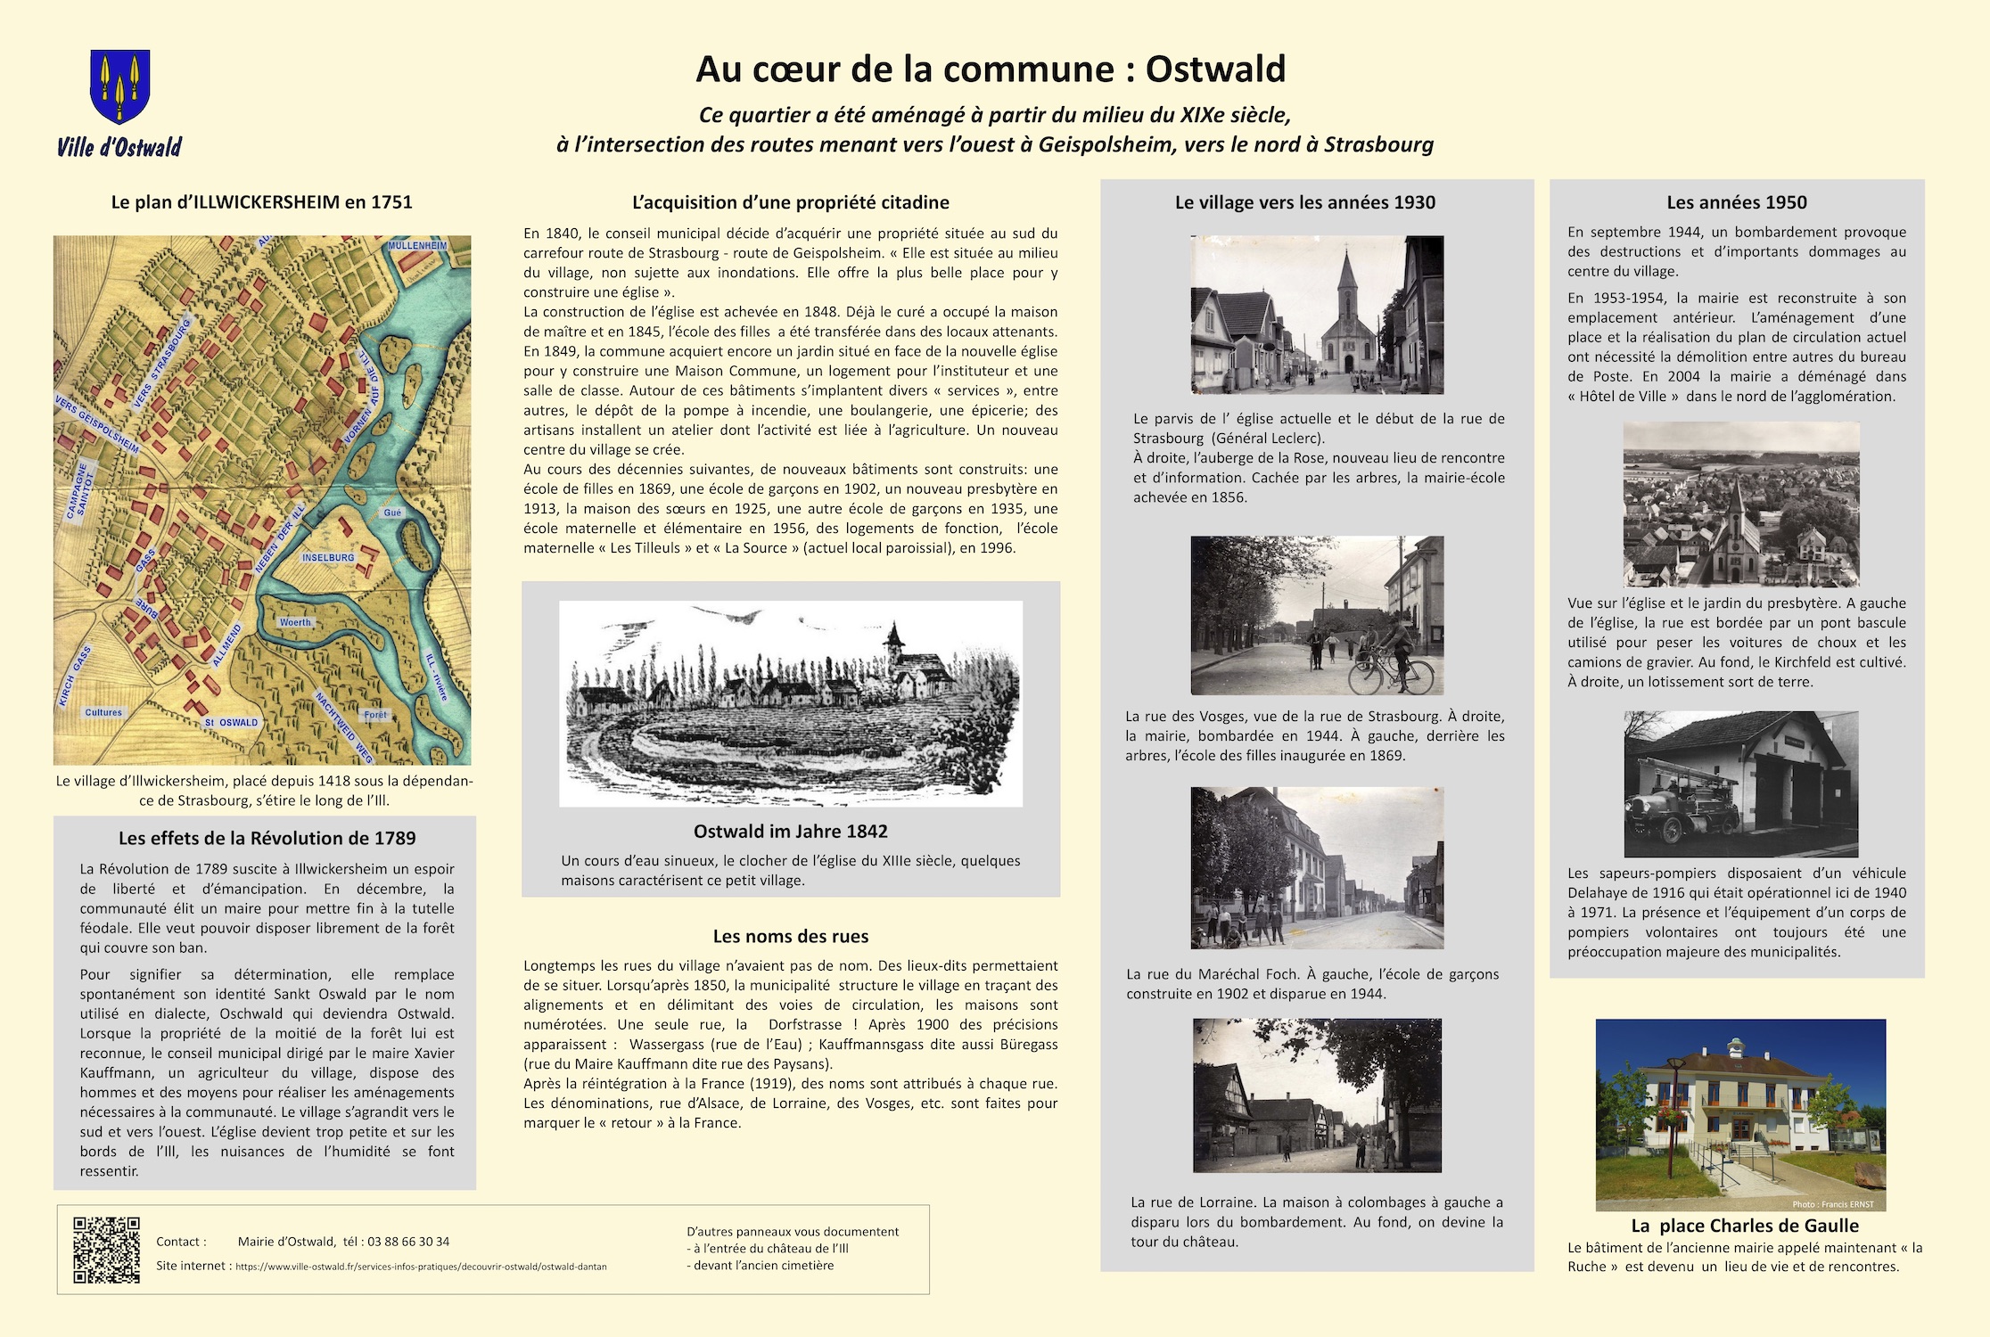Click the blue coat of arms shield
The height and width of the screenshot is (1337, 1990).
click(x=119, y=86)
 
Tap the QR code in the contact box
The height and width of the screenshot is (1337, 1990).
click(x=106, y=1250)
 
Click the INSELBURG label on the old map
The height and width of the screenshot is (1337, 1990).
click(x=328, y=558)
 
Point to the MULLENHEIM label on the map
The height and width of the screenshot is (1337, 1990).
click(x=417, y=245)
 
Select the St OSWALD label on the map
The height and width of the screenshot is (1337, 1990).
click(x=231, y=723)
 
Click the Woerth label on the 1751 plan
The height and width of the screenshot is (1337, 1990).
click(x=295, y=622)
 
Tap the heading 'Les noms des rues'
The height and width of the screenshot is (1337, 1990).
click(x=790, y=936)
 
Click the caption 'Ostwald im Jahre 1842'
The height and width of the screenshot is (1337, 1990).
click(x=790, y=831)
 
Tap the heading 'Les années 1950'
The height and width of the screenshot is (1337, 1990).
click(x=1737, y=202)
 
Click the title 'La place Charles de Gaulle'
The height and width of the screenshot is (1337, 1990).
click(x=1744, y=1226)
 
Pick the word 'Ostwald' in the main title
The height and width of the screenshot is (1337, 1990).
click(x=1215, y=69)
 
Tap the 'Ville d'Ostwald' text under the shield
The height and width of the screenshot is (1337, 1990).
click(x=119, y=147)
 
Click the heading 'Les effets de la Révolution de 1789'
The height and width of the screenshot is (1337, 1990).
click(x=267, y=838)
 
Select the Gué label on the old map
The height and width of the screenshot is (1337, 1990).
click(x=392, y=513)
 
